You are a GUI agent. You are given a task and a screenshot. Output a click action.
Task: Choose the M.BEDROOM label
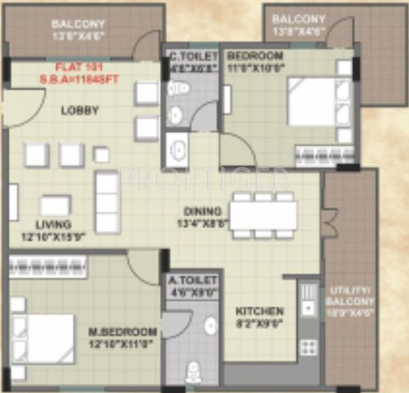tap(121, 332)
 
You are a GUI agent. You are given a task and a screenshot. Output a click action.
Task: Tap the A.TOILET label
tap(193, 281)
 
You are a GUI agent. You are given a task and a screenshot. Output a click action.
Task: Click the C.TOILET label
tap(193, 56)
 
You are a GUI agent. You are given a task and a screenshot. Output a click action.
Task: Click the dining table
tap(263, 215)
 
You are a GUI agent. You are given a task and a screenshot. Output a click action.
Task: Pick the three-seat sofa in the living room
tap(107, 202)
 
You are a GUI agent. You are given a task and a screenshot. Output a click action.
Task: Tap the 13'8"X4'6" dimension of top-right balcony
tap(299, 30)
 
